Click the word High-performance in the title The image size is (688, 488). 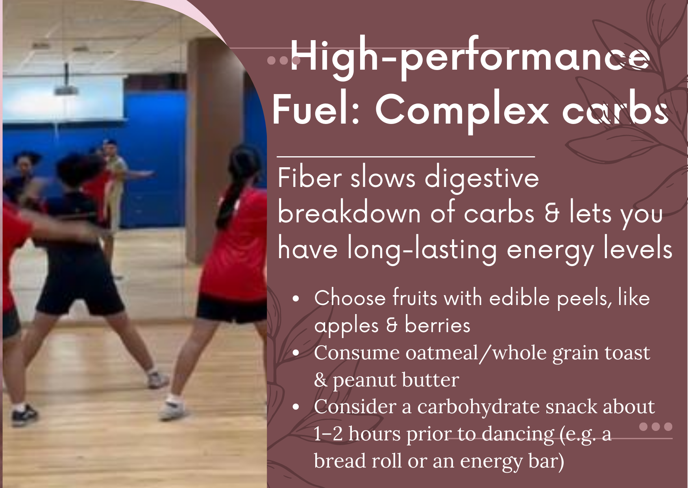470,58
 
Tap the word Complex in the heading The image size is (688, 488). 462,111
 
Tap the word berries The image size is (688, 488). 437,325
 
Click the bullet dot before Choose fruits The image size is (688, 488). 296,299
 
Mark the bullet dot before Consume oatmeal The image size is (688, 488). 296,353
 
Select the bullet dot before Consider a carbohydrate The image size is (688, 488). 296,407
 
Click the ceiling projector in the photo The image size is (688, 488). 66,86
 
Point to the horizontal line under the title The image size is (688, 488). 406,157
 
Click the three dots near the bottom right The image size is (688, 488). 656,427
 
